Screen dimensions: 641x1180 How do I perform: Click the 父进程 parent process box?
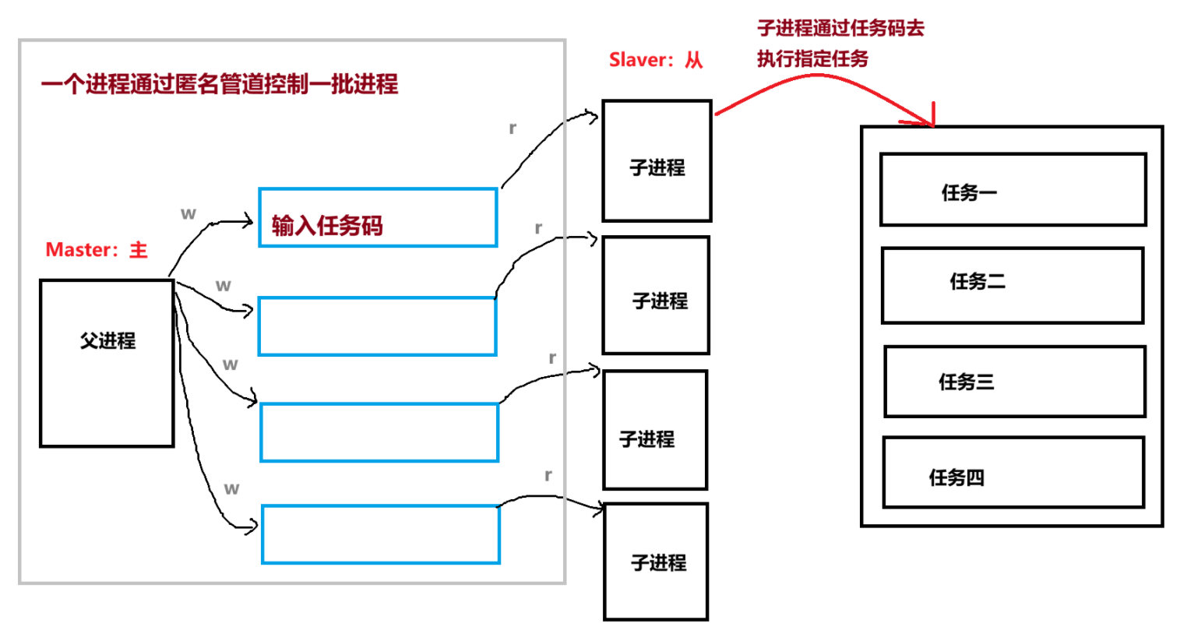107,363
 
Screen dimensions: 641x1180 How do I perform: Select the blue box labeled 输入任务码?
378,217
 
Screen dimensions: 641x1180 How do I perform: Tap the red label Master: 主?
97,250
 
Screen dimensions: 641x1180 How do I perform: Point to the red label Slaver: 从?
656,60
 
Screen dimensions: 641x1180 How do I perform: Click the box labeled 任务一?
1013,189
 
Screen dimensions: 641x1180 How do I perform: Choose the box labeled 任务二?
1012,285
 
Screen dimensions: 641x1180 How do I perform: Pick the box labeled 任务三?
1014,382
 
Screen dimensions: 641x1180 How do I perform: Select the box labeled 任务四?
1013,473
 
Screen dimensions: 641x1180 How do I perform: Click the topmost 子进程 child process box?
657,160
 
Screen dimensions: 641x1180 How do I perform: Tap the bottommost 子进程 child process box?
656,562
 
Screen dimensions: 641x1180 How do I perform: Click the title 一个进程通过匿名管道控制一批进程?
220,84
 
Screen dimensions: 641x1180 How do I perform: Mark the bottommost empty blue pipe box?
380,534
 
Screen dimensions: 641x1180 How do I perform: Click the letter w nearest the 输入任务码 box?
188,213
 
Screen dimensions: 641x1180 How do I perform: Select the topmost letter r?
513,128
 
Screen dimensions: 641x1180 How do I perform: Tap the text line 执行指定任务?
812,59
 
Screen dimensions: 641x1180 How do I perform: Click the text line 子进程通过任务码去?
840,29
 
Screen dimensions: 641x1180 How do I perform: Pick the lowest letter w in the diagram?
231,488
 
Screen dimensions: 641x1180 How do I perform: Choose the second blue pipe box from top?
377,326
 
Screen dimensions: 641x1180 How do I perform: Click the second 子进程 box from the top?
656,295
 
